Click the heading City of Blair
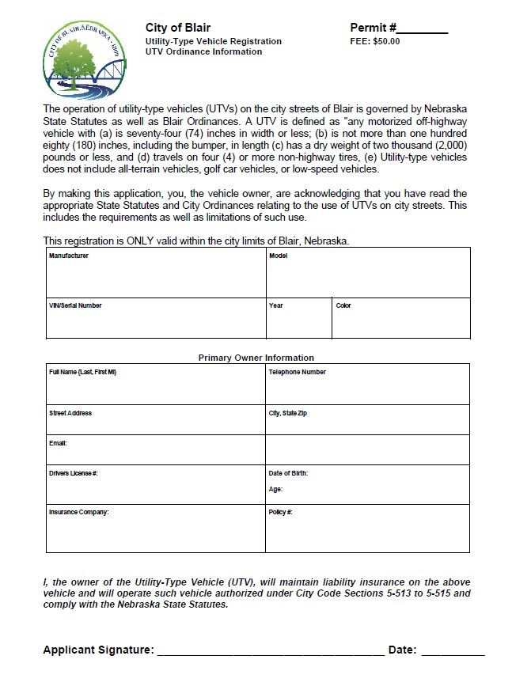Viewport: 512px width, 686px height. click(178, 28)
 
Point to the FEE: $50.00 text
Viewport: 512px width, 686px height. click(375, 42)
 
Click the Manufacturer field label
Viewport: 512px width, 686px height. click(69, 256)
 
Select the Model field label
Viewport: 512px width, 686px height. click(278, 256)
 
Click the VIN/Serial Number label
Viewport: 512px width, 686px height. click(75, 305)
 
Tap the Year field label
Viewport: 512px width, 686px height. click(275, 305)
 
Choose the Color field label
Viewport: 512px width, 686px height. click(343, 305)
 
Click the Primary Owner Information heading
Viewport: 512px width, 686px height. click(256, 358)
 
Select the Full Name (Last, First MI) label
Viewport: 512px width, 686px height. click(83, 372)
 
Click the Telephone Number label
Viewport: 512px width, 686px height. click(297, 372)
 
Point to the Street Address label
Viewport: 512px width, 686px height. click(70, 413)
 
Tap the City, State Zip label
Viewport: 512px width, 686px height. click(287, 413)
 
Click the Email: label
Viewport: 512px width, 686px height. click(58, 443)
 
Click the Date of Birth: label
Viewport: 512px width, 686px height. click(288, 473)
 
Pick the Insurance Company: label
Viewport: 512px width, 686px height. click(78, 512)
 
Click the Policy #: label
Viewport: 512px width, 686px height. click(281, 512)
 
